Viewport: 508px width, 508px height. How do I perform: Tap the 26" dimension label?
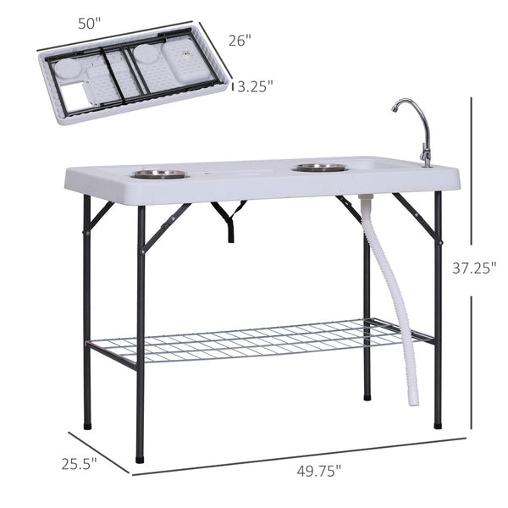(240, 40)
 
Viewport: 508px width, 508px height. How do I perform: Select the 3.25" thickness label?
(255, 86)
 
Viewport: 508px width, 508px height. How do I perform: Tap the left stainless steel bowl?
(159, 174)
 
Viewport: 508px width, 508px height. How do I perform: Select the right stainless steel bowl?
(319, 168)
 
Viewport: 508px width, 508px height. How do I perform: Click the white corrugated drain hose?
(396, 279)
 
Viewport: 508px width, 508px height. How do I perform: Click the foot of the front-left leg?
(139, 458)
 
